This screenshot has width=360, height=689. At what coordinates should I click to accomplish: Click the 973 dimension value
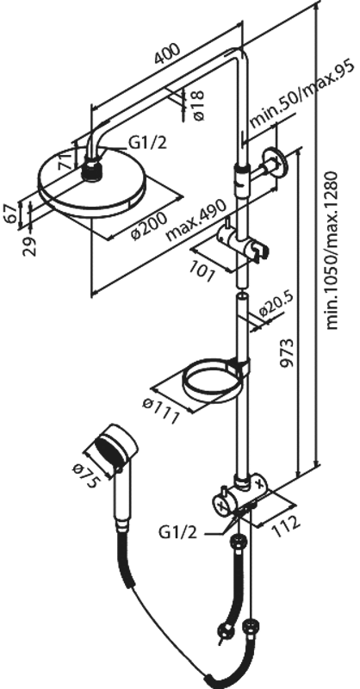pos(285,353)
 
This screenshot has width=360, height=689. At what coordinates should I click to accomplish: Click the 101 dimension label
pos(203,272)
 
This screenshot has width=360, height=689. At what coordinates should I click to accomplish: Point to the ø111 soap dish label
pos(161,411)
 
